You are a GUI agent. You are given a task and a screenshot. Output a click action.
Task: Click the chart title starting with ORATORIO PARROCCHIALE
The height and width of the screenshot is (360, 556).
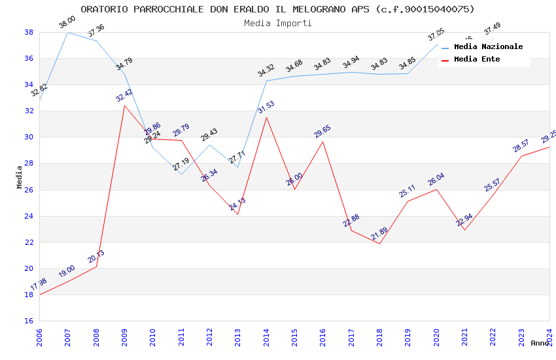(x=277, y=9)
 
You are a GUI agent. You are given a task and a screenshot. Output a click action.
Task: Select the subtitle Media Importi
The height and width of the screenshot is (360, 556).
(x=277, y=24)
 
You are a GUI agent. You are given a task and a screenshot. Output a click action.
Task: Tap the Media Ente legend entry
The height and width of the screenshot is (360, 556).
(x=477, y=60)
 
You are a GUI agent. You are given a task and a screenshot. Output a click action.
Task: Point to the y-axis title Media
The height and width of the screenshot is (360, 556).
(x=20, y=177)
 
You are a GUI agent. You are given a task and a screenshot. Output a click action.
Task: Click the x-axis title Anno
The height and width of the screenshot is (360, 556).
(x=540, y=343)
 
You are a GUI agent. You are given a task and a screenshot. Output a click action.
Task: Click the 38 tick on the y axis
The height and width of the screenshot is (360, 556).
(x=29, y=32)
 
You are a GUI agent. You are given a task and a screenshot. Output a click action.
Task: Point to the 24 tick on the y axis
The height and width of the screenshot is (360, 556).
(x=29, y=216)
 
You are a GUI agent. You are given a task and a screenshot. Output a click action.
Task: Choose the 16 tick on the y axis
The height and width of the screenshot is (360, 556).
(x=29, y=321)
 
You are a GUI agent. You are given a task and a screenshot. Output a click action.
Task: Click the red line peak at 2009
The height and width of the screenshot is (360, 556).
(x=124, y=105)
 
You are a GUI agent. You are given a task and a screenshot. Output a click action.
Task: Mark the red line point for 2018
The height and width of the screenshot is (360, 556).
(x=379, y=243)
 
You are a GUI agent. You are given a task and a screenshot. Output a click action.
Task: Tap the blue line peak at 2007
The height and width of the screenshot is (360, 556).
(x=67, y=32)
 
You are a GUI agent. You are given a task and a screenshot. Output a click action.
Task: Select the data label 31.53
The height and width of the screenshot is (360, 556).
(x=266, y=107)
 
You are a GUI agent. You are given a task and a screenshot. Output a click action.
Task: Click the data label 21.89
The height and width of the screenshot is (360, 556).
(x=379, y=234)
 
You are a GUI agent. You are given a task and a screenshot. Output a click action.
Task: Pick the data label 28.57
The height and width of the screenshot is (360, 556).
(x=521, y=146)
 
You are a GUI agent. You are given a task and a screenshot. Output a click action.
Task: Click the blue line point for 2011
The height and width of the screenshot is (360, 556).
(x=181, y=174)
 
